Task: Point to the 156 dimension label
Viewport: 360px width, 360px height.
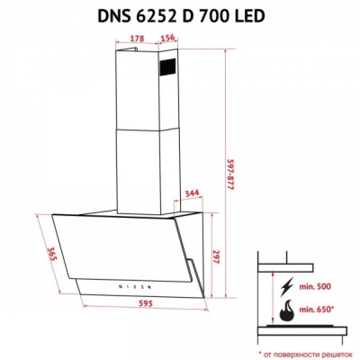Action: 166,38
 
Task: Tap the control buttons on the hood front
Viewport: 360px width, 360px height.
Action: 130,283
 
